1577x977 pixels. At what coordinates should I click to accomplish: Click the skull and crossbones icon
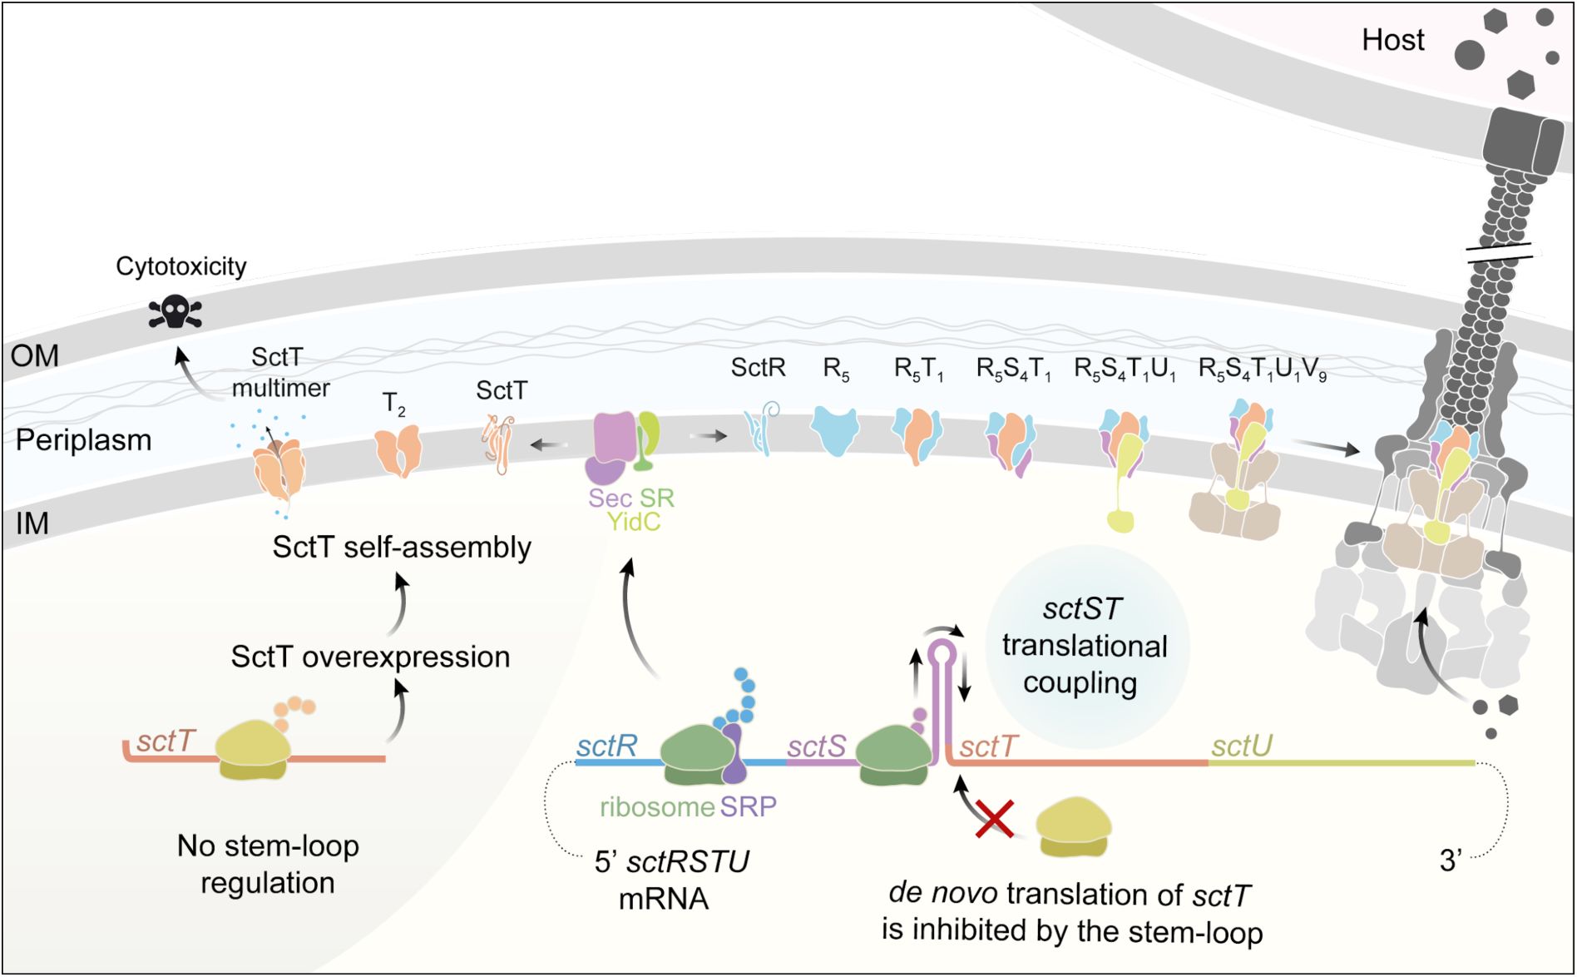[175, 312]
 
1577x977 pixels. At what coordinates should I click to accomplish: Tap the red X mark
[994, 819]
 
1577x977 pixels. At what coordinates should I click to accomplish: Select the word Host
[1392, 40]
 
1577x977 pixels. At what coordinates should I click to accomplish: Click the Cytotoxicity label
[180, 266]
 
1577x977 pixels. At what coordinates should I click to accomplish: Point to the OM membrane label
[34, 356]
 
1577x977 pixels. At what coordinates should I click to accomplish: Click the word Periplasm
[83, 440]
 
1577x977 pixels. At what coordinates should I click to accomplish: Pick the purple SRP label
[748, 806]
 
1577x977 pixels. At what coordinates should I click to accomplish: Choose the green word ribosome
[657, 806]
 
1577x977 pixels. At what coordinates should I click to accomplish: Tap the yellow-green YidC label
[633, 522]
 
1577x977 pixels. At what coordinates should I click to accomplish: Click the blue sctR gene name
[606, 746]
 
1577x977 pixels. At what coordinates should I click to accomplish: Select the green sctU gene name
[1241, 746]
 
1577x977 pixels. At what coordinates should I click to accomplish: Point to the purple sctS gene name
[816, 746]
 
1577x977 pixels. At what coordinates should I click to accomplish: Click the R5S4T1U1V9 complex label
[1261, 369]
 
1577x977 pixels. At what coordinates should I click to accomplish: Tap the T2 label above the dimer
[393, 404]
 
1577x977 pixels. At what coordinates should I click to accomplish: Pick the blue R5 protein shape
[834, 429]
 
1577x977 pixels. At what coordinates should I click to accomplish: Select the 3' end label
[1451, 860]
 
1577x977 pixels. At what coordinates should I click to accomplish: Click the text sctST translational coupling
[1084, 646]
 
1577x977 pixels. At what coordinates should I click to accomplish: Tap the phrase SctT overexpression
[370, 657]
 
